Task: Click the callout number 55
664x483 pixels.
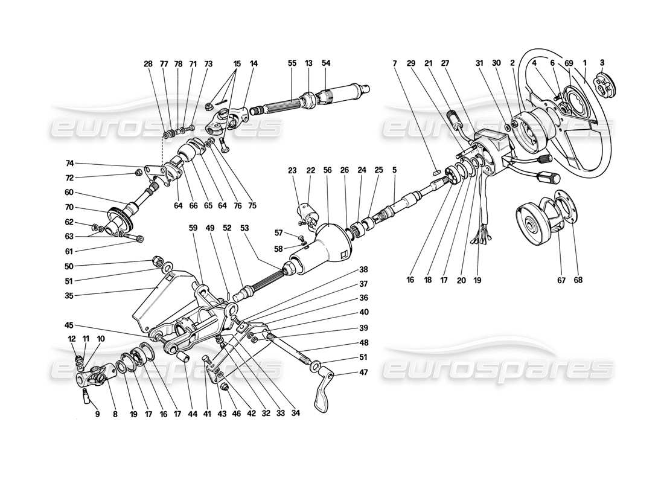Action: tap(292, 63)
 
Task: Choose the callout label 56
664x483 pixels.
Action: tap(328, 170)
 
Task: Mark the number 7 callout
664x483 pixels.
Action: tap(394, 63)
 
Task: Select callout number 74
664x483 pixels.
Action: tap(69, 164)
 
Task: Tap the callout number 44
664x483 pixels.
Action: tap(193, 415)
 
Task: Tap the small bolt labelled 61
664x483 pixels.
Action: tap(139, 238)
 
